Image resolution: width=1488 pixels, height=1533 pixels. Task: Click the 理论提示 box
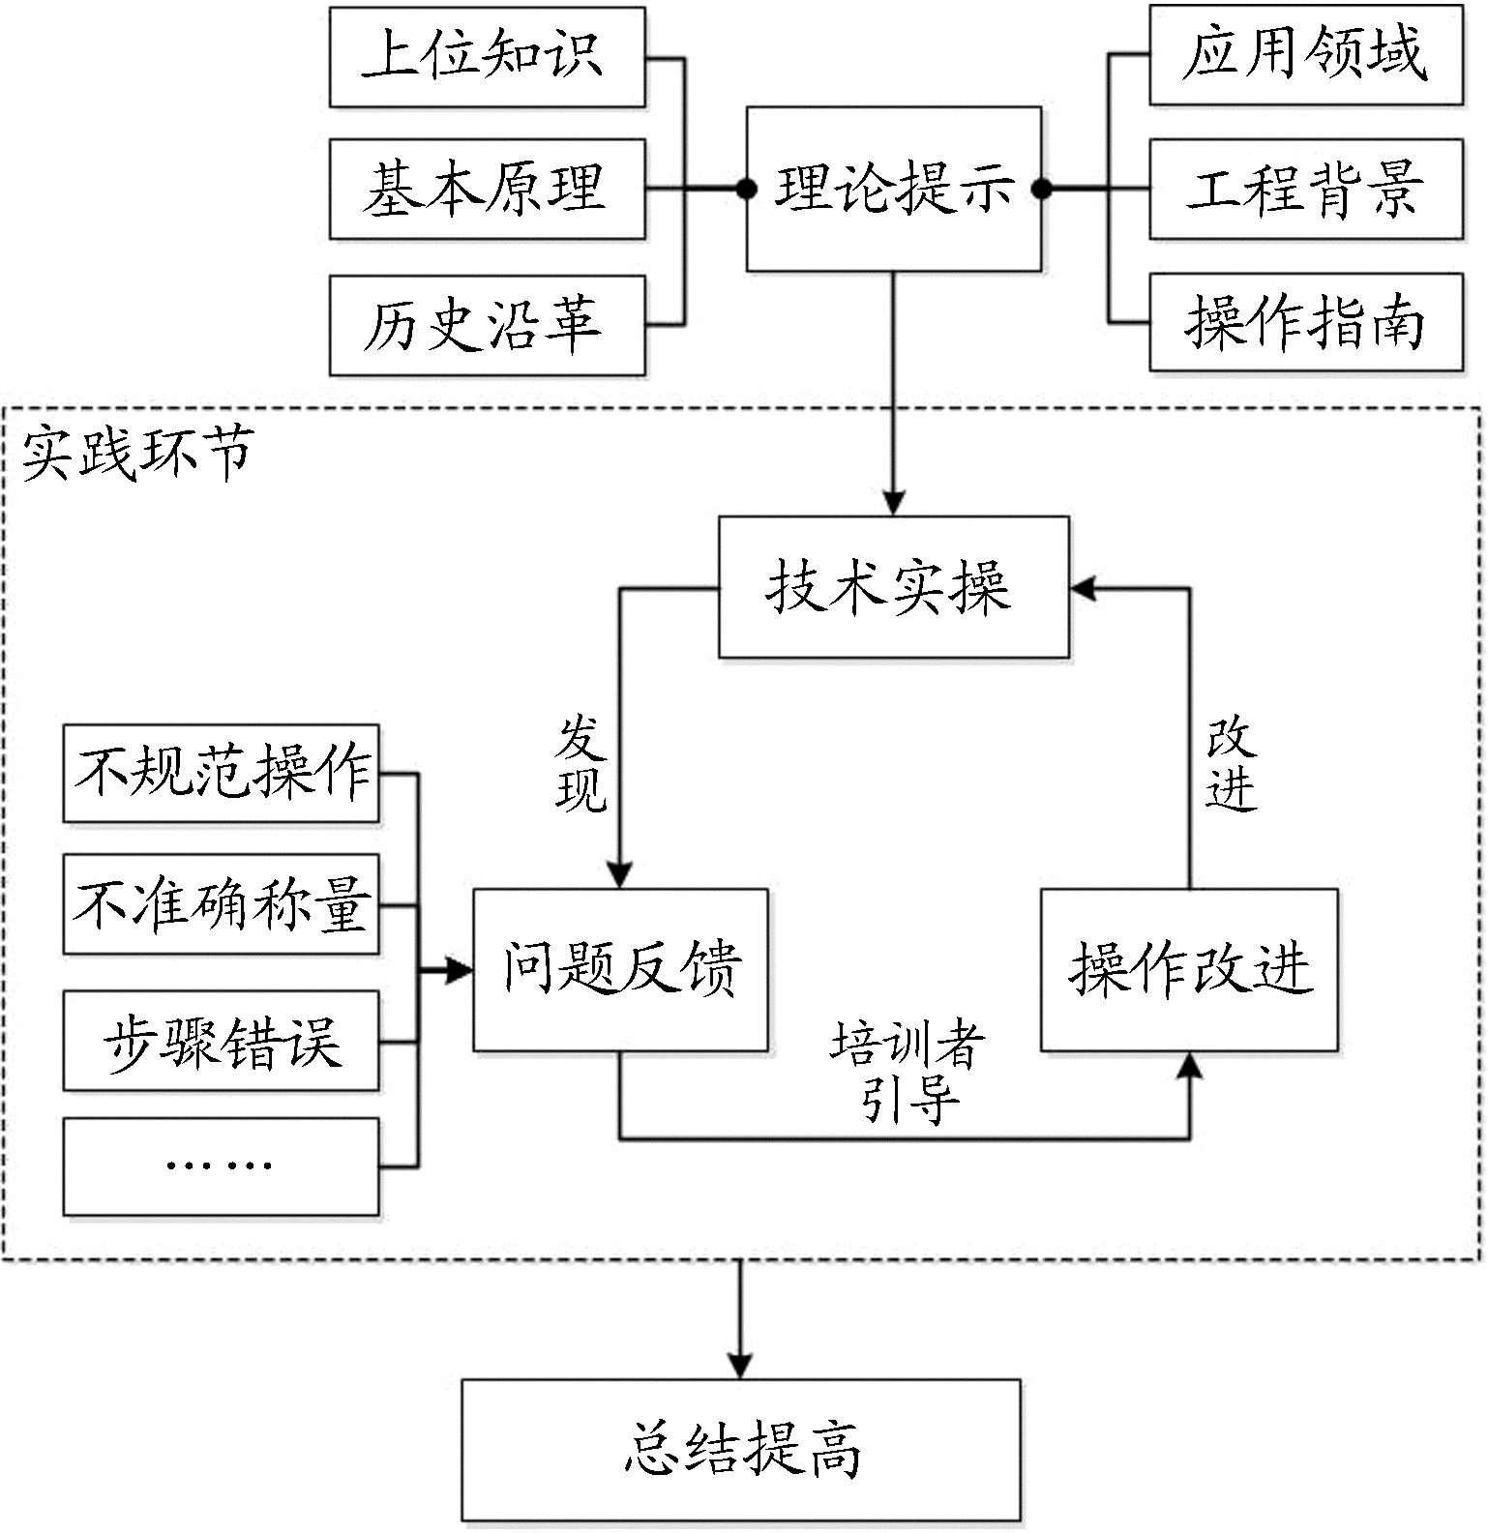coord(893,189)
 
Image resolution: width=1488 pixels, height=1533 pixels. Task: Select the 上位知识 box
coord(487,56)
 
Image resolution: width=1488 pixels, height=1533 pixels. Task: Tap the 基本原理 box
coord(487,189)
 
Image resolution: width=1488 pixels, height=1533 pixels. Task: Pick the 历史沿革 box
coord(487,325)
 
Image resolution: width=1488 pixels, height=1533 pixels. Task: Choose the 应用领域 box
coord(1305,54)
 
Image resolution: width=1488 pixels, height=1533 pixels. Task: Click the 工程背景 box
coord(1305,189)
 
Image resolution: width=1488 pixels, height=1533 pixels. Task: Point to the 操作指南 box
coord(1305,322)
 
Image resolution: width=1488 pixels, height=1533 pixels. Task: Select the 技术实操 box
coord(893,587)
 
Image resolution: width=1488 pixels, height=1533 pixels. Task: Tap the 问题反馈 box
coord(620,969)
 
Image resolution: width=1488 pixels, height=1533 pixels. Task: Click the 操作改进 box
coord(1189,969)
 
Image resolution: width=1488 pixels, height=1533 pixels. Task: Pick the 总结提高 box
coord(741,1449)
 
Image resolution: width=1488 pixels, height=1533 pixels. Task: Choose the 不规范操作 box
coord(221,773)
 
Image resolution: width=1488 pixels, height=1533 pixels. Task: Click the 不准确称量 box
coord(221,903)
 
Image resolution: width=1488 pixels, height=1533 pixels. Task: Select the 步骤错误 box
coord(221,1041)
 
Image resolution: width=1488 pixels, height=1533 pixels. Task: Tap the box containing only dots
coord(221,1165)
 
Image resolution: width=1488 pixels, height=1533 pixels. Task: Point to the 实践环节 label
coord(137,453)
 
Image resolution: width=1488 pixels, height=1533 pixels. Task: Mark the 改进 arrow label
coord(1230,765)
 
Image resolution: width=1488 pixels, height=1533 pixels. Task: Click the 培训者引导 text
coord(908,1072)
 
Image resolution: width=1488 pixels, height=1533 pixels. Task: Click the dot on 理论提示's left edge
coord(746,190)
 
